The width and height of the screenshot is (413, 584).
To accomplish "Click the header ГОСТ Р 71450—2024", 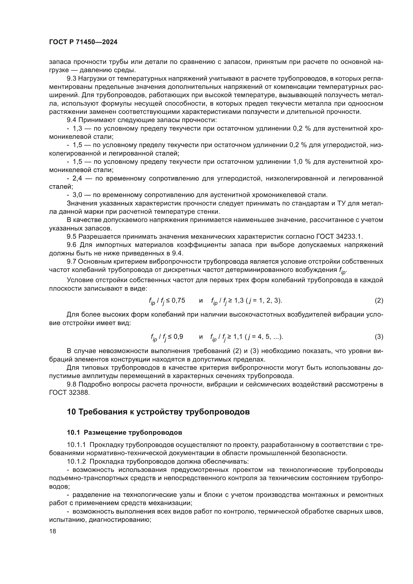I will coord(83,42).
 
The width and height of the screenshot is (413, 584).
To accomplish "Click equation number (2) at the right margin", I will coord(379,300).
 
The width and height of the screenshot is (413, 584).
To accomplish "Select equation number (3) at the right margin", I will coord(379,337).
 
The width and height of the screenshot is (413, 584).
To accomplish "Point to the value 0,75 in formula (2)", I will coord(178,300).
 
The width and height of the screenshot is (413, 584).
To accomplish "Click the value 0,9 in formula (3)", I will coord(177,337).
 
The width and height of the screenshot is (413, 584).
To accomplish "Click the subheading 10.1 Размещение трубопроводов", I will coord(124,433).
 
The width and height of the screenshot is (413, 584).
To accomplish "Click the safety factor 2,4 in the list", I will coord(77,179).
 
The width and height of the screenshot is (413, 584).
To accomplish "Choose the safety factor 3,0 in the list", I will coord(77,195).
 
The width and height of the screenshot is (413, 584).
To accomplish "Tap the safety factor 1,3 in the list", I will coord(77,128).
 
